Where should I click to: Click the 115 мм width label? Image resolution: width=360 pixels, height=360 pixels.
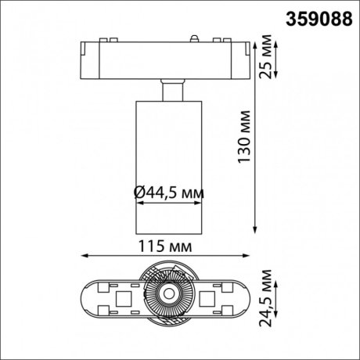(168, 246)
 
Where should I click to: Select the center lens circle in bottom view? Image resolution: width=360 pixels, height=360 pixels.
(167, 296)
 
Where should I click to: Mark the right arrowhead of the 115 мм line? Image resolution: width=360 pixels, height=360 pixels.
(254, 256)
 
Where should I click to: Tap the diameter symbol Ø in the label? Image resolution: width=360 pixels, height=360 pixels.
(139, 191)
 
